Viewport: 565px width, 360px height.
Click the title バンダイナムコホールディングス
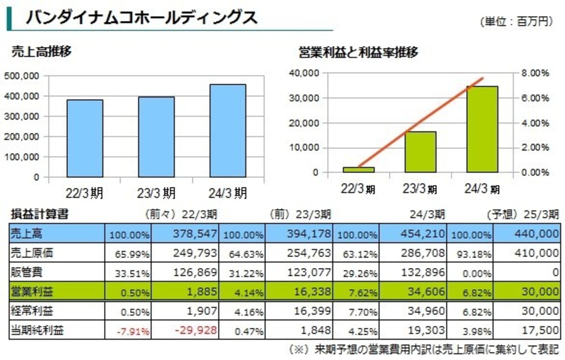[x=142, y=17]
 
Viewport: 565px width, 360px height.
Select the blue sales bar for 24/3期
[x=227, y=131]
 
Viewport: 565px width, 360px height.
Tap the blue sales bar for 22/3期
[x=85, y=139]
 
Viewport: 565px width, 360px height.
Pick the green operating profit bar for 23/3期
[x=420, y=152]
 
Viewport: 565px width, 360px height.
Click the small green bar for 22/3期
[x=359, y=170]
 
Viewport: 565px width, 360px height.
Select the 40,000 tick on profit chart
[x=304, y=73]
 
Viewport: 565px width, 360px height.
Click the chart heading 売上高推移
[x=41, y=52]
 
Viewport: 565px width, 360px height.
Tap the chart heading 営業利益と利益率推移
[x=358, y=53]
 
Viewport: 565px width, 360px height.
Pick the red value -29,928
[x=196, y=330]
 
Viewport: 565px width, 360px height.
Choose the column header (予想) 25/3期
[x=522, y=214]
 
